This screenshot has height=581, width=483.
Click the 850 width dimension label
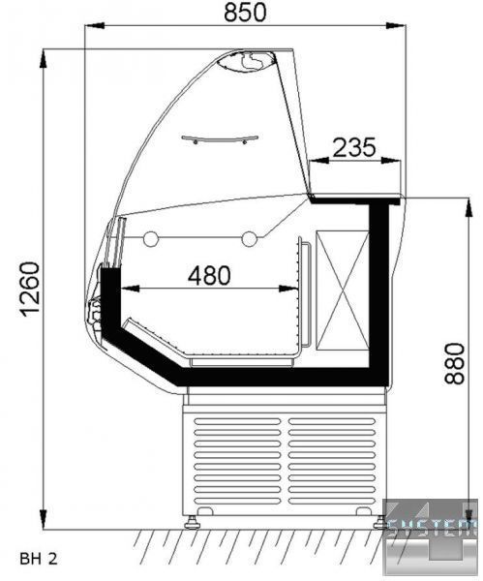click(245, 12)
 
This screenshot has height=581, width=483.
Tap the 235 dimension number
click(354, 147)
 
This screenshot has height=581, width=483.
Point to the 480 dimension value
click(209, 275)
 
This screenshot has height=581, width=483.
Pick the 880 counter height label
click(455, 363)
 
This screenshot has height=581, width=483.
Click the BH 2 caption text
click(39, 559)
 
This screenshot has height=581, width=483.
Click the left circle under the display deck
click(151, 239)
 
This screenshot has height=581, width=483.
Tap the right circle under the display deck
click(250, 239)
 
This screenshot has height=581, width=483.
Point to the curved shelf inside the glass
click(220, 140)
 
